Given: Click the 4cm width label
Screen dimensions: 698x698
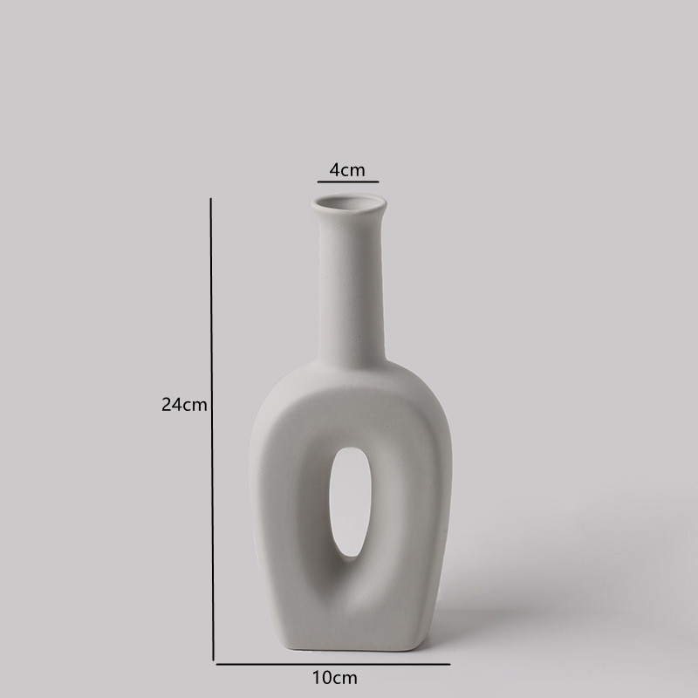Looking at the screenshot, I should pyautogui.click(x=347, y=170).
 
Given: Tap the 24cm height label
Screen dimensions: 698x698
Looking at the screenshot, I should pyautogui.click(x=184, y=405).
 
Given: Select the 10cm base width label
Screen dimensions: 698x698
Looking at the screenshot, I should pyautogui.click(x=334, y=677).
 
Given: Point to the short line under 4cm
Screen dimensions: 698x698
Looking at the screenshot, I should pyautogui.click(x=347, y=182).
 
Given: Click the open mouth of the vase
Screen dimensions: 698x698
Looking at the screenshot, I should pyautogui.click(x=347, y=205).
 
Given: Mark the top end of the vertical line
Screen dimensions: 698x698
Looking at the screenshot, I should pyautogui.click(x=211, y=200).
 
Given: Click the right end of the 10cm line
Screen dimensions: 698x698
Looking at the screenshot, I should pyautogui.click(x=472, y=664).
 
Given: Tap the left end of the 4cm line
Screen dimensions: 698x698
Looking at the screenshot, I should pyautogui.click(x=318, y=182).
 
